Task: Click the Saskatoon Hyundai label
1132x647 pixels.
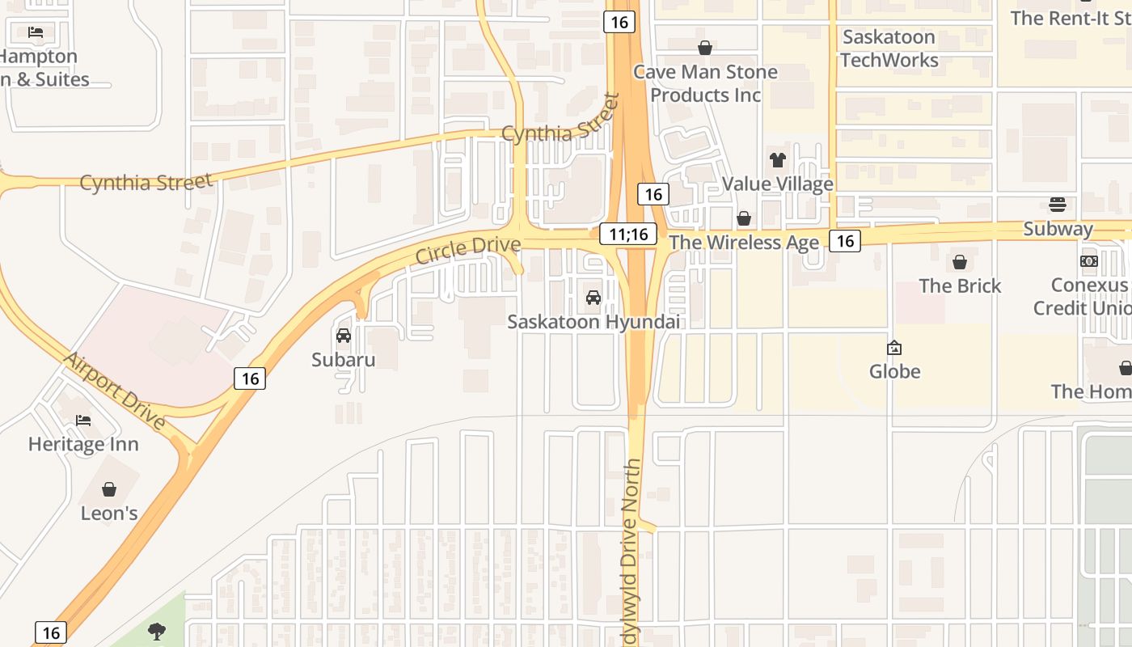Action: (593, 322)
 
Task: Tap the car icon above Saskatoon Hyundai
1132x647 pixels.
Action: (593, 298)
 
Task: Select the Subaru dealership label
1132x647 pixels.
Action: (344, 359)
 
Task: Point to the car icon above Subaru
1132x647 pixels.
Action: (344, 336)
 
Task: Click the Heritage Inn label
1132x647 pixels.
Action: (83, 444)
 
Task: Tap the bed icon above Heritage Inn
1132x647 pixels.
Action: (83, 421)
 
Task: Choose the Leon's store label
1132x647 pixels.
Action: (109, 513)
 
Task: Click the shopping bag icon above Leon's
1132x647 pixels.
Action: (109, 489)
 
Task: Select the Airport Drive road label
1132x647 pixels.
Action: (115, 391)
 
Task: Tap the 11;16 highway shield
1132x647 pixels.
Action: (628, 235)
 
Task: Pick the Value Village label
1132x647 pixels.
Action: (777, 184)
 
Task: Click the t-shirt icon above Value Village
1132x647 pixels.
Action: (778, 160)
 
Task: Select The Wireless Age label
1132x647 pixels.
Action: (744, 242)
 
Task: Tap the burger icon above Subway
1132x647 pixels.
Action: (1058, 205)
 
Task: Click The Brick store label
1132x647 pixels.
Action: (960, 285)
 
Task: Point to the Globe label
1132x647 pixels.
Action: (894, 371)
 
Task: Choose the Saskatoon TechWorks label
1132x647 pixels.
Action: (889, 49)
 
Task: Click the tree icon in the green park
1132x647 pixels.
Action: (157, 632)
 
